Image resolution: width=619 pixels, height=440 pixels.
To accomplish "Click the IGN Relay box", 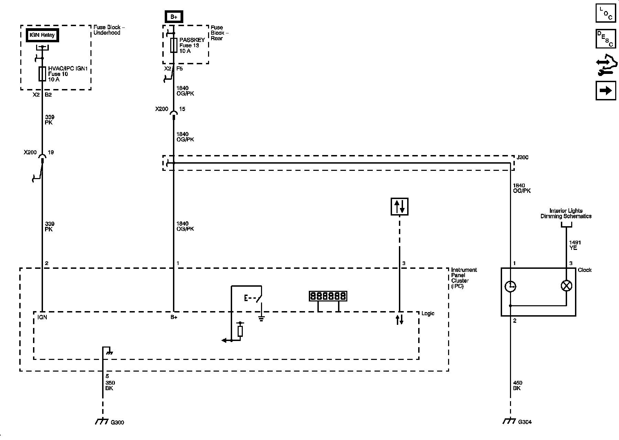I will click(x=42, y=35).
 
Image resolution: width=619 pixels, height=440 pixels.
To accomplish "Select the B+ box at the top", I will click(x=174, y=16).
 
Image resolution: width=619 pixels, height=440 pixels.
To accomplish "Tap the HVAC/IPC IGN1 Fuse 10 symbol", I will click(x=42, y=74).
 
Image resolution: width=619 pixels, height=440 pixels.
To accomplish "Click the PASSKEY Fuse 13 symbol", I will click(x=174, y=45).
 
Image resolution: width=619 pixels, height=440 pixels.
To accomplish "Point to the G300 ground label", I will click(x=117, y=422).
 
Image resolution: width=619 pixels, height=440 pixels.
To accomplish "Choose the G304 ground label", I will click(x=525, y=422).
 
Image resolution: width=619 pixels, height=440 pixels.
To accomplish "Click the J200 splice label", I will click(x=522, y=157).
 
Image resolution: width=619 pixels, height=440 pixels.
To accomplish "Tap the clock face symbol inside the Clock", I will click(x=510, y=286).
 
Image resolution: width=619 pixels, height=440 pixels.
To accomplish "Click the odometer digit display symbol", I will click(x=328, y=296).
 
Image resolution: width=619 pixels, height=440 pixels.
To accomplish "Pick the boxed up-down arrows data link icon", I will click(x=399, y=207).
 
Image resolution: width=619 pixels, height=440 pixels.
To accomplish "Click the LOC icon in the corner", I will click(x=606, y=13).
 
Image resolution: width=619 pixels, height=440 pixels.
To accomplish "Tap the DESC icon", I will click(x=606, y=39).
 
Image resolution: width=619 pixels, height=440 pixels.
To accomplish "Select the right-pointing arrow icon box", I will click(x=606, y=90).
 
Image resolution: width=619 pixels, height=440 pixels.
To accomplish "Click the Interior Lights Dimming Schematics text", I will click(x=566, y=213).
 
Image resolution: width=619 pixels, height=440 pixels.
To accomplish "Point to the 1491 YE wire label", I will click(x=575, y=245).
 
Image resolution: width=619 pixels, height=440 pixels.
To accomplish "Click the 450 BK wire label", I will click(x=517, y=385).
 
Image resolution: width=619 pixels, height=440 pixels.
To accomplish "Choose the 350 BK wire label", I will click(x=110, y=385).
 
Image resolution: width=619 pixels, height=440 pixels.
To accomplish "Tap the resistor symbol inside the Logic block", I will click(x=240, y=331).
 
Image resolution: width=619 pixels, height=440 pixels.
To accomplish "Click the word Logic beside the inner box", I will click(x=428, y=313).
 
